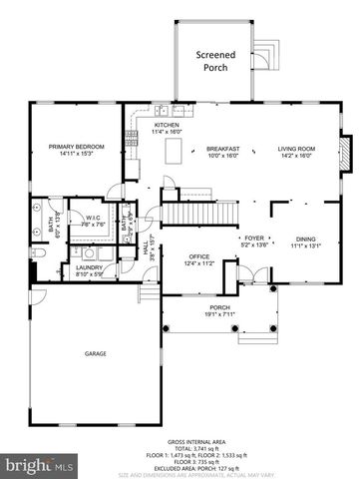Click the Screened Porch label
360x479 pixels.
coord(215,62)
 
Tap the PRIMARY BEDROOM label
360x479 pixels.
coord(77,150)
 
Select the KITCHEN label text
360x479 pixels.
coord(167,128)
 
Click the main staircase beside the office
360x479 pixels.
coord(183,213)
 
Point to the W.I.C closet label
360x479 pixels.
coord(96,220)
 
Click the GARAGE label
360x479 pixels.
coord(96,353)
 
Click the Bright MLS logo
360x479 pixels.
coord(40,465)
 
